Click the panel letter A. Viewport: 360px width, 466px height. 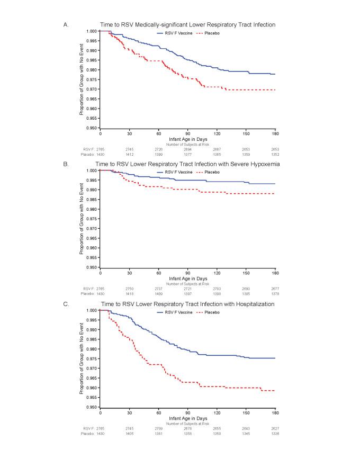pyautogui.click(x=81, y=24)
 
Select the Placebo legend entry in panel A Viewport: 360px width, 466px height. pyautogui.click(x=208, y=33)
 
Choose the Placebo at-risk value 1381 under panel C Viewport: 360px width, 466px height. pyautogui.click(x=159, y=434)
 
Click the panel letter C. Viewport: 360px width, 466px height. pyautogui.click(x=81, y=304)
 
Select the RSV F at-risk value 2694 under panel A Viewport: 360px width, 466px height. pyautogui.click(x=188, y=149)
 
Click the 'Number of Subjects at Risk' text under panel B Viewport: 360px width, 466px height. pyautogui.click(x=188, y=284)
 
